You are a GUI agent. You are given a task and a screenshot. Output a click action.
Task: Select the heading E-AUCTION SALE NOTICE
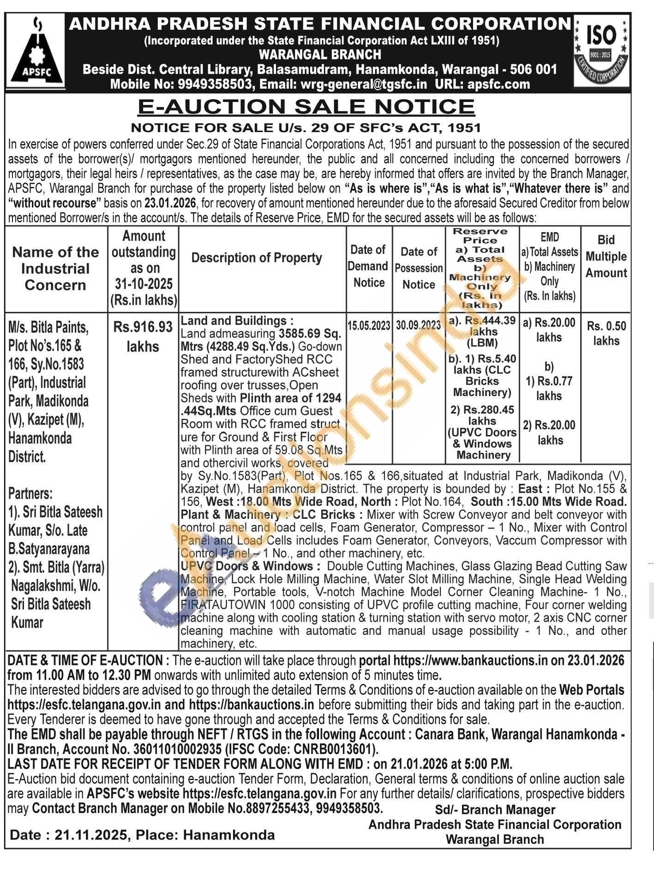pyautogui.click(x=306, y=107)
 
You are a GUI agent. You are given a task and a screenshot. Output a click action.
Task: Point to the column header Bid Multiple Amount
pyautogui.click(x=606, y=256)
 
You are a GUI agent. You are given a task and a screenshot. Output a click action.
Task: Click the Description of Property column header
pyautogui.click(x=257, y=258)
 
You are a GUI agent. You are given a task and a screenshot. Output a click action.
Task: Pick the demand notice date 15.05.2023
pyautogui.click(x=369, y=325)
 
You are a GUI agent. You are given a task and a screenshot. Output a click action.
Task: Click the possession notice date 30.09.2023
pyautogui.click(x=418, y=325)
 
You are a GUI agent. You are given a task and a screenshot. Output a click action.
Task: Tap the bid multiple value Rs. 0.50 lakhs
pyautogui.click(x=606, y=333)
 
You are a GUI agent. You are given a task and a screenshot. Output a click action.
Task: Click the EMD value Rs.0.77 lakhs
pyautogui.click(x=549, y=388)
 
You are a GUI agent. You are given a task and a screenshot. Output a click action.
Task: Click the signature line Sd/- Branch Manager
pyautogui.click(x=495, y=810)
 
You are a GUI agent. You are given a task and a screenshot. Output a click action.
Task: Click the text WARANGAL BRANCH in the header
pyautogui.click(x=320, y=54)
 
